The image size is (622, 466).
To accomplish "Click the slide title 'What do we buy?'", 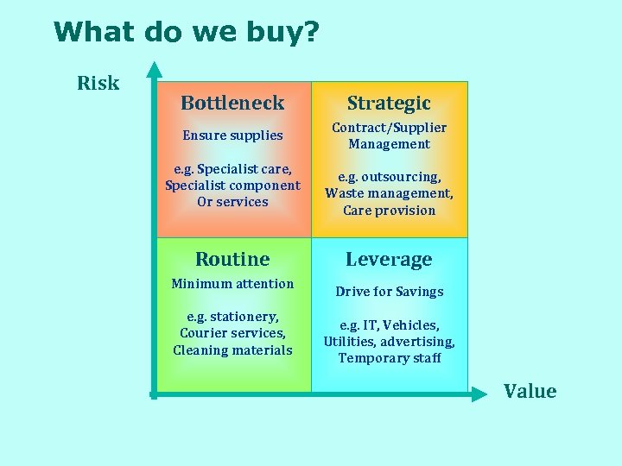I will (186, 32).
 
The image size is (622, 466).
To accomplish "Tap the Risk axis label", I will (98, 83).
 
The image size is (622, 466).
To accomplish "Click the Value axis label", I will (530, 391).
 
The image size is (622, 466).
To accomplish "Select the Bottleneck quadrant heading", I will (232, 103).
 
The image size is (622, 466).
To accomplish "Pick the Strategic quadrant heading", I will (389, 103).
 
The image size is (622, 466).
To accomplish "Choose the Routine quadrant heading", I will (232, 259).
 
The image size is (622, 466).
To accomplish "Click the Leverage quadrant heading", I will (389, 259).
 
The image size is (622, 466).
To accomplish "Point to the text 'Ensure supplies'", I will (232, 135).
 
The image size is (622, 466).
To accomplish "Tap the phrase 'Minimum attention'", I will (232, 283).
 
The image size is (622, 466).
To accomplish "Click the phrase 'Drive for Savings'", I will (389, 291).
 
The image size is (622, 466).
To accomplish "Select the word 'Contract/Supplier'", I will (389, 127).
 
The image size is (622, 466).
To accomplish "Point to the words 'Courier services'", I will (232, 333).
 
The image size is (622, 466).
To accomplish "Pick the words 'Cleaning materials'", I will (232, 349).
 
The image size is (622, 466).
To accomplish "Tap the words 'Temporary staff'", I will (389, 357).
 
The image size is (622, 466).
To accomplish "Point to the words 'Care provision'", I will (389, 210).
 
